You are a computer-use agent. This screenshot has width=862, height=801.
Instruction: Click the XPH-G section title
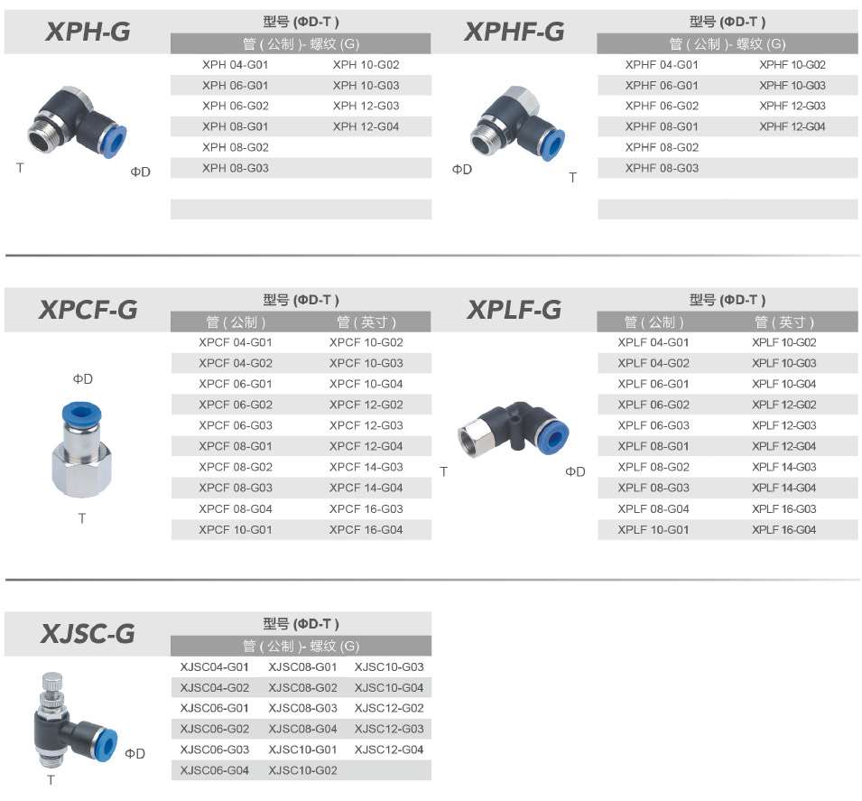(88, 32)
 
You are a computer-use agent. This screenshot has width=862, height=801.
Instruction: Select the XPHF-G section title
(514, 32)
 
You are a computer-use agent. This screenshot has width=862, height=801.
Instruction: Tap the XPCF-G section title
(88, 310)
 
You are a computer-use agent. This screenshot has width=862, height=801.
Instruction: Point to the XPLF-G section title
(514, 310)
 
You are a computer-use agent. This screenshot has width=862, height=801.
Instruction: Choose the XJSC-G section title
(88, 633)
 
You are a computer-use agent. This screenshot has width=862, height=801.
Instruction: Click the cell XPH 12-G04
(366, 126)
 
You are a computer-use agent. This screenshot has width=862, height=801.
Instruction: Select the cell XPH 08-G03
(236, 168)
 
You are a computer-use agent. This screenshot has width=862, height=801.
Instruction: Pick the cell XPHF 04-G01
(662, 65)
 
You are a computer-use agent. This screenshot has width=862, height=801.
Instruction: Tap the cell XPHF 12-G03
(792, 106)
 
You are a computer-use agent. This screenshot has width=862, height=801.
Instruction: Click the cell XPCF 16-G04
(366, 530)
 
